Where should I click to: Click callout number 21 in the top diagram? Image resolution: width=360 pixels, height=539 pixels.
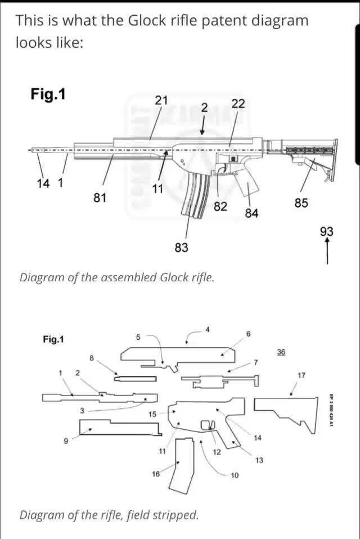coord(161,100)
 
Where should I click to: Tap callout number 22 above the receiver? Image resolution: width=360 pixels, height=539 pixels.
coord(238,104)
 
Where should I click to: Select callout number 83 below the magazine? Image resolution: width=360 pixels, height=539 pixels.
coord(181,248)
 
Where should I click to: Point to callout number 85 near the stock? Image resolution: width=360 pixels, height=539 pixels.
coord(301,203)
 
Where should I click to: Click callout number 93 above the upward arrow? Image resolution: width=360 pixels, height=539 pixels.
coord(327,231)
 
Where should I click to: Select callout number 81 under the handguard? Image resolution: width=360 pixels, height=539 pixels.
coord(100,197)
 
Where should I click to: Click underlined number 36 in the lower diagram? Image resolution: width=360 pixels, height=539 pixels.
coord(281,351)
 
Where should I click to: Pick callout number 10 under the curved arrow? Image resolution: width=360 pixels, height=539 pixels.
coord(235,475)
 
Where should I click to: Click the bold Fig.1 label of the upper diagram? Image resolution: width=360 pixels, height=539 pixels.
coord(48,94)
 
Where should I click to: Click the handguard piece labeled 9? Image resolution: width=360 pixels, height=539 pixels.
coord(118,429)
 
